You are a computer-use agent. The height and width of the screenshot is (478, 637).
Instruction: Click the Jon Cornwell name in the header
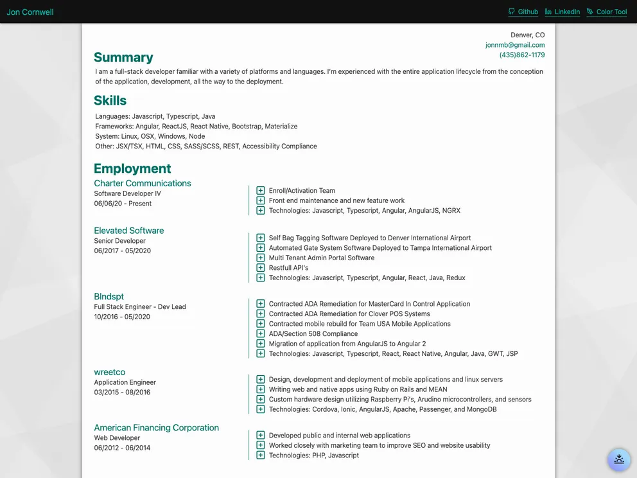tap(30, 12)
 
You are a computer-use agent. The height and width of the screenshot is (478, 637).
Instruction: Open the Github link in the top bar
tap(523, 12)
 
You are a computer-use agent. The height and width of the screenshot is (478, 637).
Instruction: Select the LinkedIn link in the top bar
tap(563, 12)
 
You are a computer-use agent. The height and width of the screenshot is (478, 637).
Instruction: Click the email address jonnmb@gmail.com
tap(515, 45)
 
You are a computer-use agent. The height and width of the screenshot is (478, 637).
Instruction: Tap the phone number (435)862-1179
tap(522, 55)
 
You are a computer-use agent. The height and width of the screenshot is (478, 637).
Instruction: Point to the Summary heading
tap(123, 57)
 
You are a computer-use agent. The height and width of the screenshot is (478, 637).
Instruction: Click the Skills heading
tap(110, 100)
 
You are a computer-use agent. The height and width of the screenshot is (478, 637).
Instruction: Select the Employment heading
tap(132, 168)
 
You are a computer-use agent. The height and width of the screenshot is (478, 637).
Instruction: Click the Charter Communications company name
tap(143, 183)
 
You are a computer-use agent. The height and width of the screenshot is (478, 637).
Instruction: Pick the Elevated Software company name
tap(129, 231)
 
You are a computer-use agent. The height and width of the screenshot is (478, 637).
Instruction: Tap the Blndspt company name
tap(109, 297)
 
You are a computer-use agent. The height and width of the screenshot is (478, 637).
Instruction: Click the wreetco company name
tap(110, 372)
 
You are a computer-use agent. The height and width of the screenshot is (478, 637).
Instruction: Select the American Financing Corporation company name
tap(157, 428)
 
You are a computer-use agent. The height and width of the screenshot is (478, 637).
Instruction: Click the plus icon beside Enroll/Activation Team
tap(261, 191)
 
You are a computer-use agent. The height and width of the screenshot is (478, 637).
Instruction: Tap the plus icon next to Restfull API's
tap(261, 268)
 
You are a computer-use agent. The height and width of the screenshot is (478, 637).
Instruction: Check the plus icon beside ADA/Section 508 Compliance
tap(261, 334)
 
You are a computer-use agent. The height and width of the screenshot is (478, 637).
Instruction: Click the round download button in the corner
tap(619, 459)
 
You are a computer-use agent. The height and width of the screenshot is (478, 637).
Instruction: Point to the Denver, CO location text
tap(527, 35)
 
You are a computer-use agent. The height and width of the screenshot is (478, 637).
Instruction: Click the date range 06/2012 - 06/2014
tap(122, 448)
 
